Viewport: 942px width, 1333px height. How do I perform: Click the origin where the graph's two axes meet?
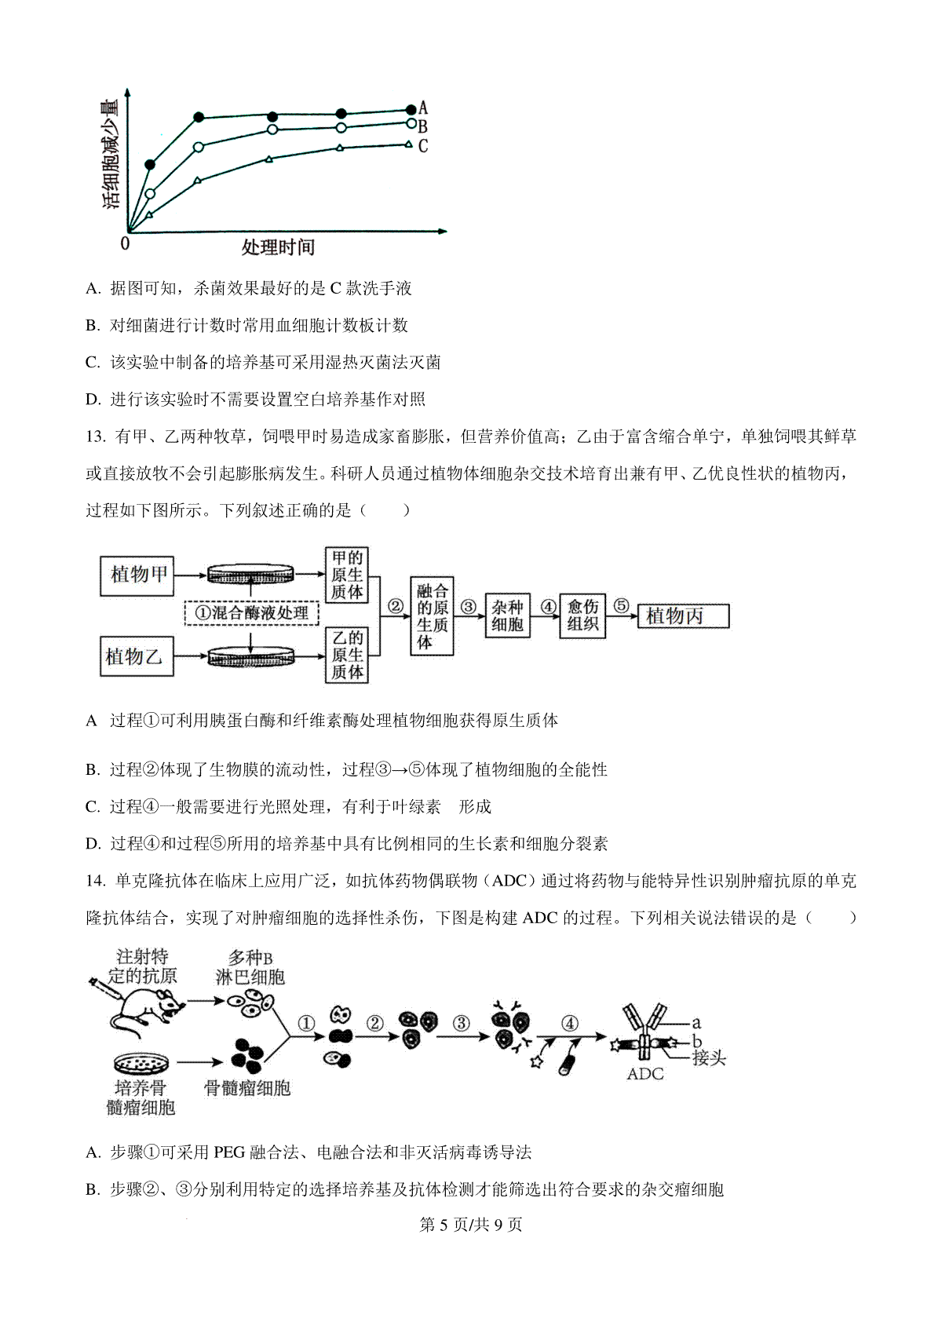[129, 231]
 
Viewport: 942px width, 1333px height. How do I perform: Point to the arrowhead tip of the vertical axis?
[128, 89]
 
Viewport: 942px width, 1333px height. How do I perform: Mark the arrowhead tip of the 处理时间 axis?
[447, 231]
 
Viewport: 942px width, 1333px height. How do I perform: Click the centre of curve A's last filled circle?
[411, 109]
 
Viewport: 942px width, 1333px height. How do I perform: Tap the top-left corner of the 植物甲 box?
[100, 557]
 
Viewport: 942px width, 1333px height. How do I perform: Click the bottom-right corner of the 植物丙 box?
[729, 627]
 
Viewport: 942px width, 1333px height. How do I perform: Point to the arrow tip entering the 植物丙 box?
[637, 616]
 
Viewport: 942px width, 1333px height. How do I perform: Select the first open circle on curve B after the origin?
[150, 194]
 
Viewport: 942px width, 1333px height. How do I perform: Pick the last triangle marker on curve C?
[408, 144]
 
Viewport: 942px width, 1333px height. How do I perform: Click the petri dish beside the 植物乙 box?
[251, 656]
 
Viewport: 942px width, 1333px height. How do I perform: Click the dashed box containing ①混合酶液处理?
[251, 614]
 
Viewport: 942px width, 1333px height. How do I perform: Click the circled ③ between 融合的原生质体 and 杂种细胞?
[469, 607]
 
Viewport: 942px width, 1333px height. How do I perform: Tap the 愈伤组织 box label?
[582, 615]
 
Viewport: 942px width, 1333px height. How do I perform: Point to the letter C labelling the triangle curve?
[422, 146]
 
